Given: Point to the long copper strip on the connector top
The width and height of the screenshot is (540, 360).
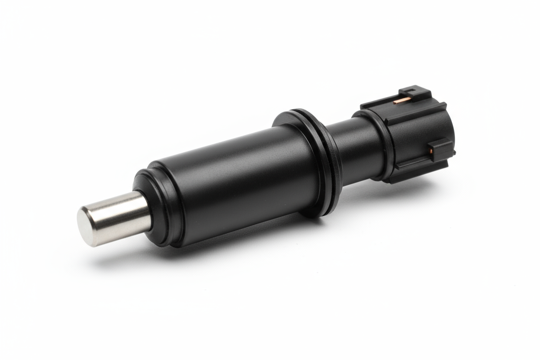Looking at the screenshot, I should click(401, 101).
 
